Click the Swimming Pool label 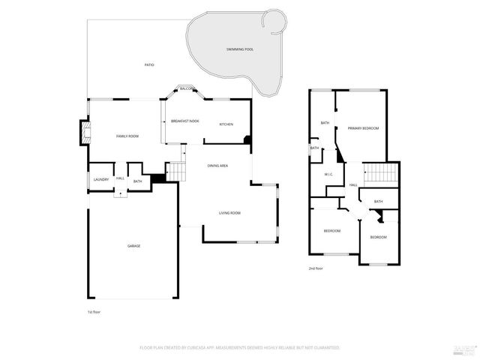[240, 49]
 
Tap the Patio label [149, 65]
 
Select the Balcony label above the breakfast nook [187, 88]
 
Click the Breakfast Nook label [184, 121]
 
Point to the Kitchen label [226, 124]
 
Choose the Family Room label [127, 136]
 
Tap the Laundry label [101, 180]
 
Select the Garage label [133, 246]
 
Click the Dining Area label [217, 165]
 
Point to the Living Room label [229, 213]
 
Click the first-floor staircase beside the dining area [175, 172]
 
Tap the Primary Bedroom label [363, 128]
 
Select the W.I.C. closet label [328, 175]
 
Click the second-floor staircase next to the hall [379, 174]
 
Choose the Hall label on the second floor [352, 184]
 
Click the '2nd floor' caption [316, 268]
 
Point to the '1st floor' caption [94, 311]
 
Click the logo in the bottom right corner [463, 349]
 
